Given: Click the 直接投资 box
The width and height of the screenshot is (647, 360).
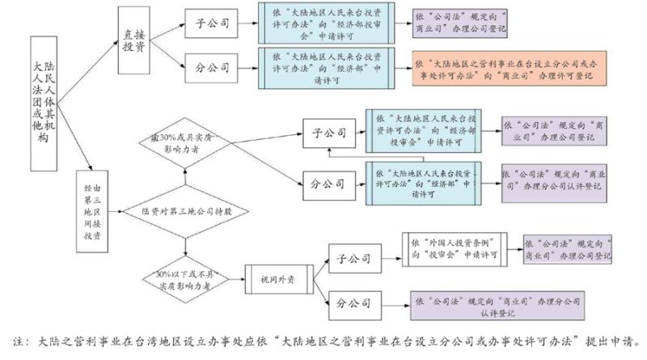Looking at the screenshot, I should [134, 41].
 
